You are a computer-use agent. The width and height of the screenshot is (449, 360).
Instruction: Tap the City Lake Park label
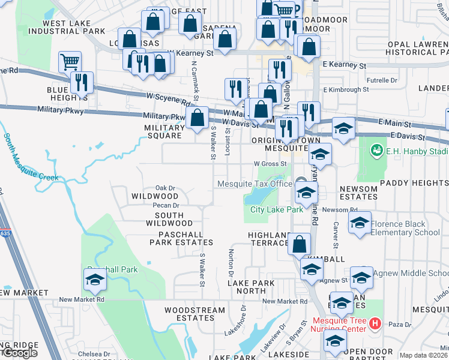click(x=268, y=210)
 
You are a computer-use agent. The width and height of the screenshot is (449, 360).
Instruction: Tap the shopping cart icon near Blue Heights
click(x=70, y=61)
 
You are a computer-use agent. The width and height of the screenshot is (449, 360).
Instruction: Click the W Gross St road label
click(x=270, y=163)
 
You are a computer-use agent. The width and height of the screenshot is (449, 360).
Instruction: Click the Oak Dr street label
click(x=165, y=187)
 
